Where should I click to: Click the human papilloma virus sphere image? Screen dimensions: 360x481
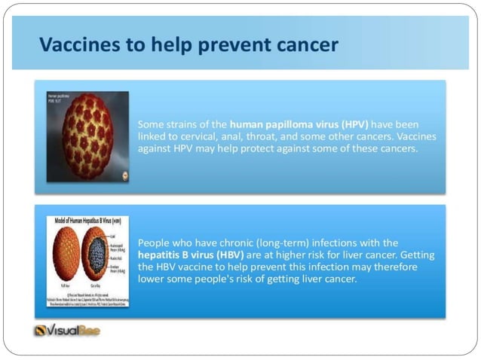pyautogui.click(x=87, y=137)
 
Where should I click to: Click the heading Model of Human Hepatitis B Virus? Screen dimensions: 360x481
pyautogui.click(x=84, y=221)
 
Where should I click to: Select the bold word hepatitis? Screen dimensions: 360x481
pyautogui.click(x=160, y=255)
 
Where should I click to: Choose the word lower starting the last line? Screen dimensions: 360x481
pyautogui.click(x=152, y=280)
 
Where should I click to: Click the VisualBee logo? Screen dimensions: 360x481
pyautogui.click(x=67, y=330)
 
